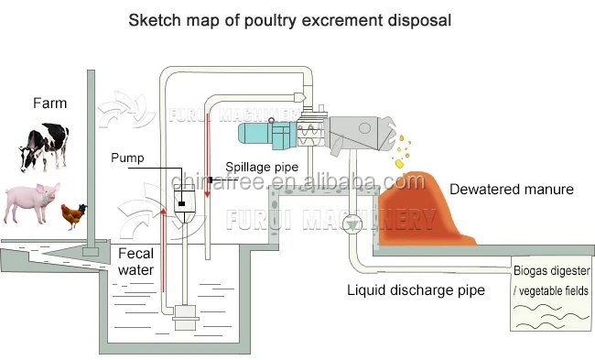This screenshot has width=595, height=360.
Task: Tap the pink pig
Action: (31, 202)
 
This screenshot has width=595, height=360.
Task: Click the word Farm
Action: (49, 104)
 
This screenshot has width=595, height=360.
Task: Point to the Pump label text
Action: (127, 158)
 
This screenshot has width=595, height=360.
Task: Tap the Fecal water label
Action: (135, 261)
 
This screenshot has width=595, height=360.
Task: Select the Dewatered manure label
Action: (511, 190)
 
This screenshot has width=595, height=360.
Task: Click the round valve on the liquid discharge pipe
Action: (352, 224)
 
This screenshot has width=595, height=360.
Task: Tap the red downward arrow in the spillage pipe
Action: (208, 137)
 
